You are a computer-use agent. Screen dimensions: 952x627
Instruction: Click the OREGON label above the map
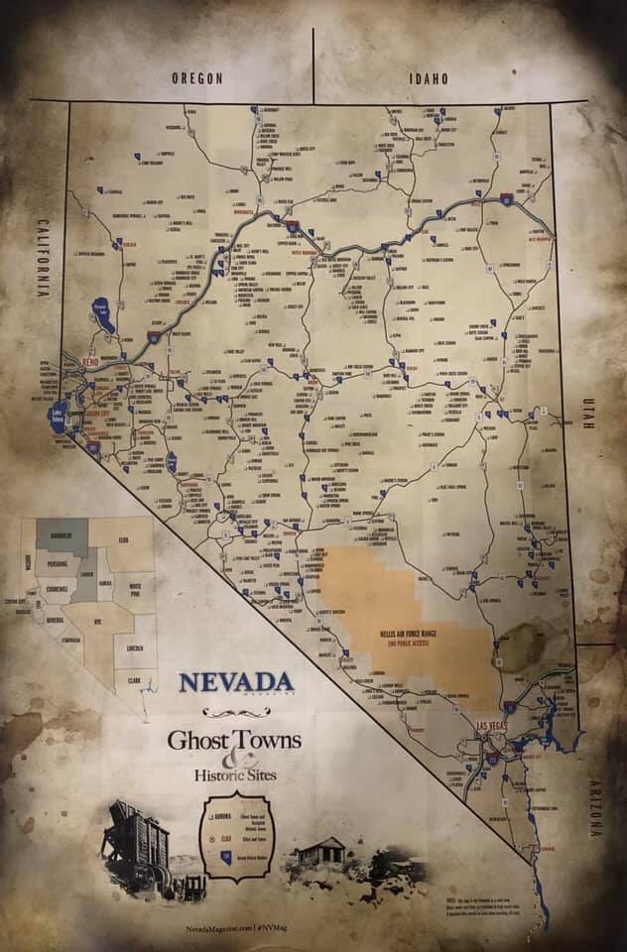[x=196, y=78]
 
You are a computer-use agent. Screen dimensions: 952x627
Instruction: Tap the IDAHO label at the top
[x=429, y=78]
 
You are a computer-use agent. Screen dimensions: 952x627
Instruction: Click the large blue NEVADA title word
[x=235, y=683]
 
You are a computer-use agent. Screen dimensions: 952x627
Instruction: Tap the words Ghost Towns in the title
[x=234, y=740]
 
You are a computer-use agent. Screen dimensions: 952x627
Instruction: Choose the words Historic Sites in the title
[x=236, y=773]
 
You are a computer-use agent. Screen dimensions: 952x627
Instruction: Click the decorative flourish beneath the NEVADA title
[x=235, y=712]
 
